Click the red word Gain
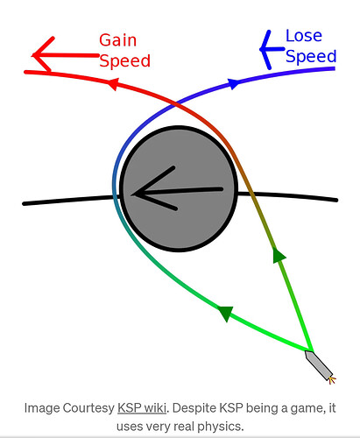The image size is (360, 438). pyautogui.click(x=117, y=40)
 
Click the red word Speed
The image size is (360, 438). pyautogui.click(x=124, y=61)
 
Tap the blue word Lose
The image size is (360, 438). pyautogui.click(x=304, y=36)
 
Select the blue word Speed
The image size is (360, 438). pyautogui.click(x=311, y=56)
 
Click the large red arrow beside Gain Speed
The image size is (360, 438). pyautogui.click(x=66, y=55)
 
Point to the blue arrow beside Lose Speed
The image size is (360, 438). pyautogui.click(x=272, y=49)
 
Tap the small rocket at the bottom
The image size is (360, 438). pyautogui.click(x=318, y=365)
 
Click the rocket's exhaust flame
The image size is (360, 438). pyautogui.click(x=332, y=380)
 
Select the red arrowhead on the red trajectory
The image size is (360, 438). pyautogui.click(x=113, y=84)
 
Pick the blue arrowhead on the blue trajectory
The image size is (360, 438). pyautogui.click(x=234, y=83)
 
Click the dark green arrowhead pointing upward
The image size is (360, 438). pyautogui.click(x=279, y=256)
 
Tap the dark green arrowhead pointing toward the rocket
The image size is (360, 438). pyautogui.click(x=226, y=313)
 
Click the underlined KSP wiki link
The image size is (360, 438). pyautogui.click(x=142, y=408)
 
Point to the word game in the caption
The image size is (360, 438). pyautogui.click(x=307, y=409)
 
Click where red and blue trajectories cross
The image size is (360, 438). pyautogui.click(x=175, y=103)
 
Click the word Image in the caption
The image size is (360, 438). pyautogui.click(x=42, y=408)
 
